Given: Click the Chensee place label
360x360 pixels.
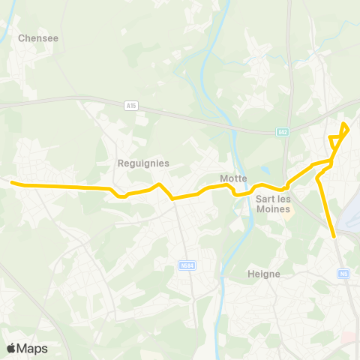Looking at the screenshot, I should (x=38, y=37).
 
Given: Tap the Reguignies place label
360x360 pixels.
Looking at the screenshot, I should (x=143, y=163).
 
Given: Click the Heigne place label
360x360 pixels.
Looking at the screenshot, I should (x=264, y=274).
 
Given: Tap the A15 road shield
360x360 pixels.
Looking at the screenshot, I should (x=132, y=106).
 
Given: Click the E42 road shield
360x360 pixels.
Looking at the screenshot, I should (x=282, y=133).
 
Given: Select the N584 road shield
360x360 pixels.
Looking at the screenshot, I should (x=187, y=265).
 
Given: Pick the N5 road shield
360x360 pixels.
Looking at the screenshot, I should (x=344, y=274).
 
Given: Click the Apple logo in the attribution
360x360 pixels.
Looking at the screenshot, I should (x=11, y=348).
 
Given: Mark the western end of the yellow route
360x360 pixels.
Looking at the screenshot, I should (x=11, y=181).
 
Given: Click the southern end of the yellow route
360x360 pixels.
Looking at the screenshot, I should (x=334, y=236).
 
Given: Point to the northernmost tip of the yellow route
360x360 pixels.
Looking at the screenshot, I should (x=344, y=124).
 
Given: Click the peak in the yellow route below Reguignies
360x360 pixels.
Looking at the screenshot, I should (x=158, y=184).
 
